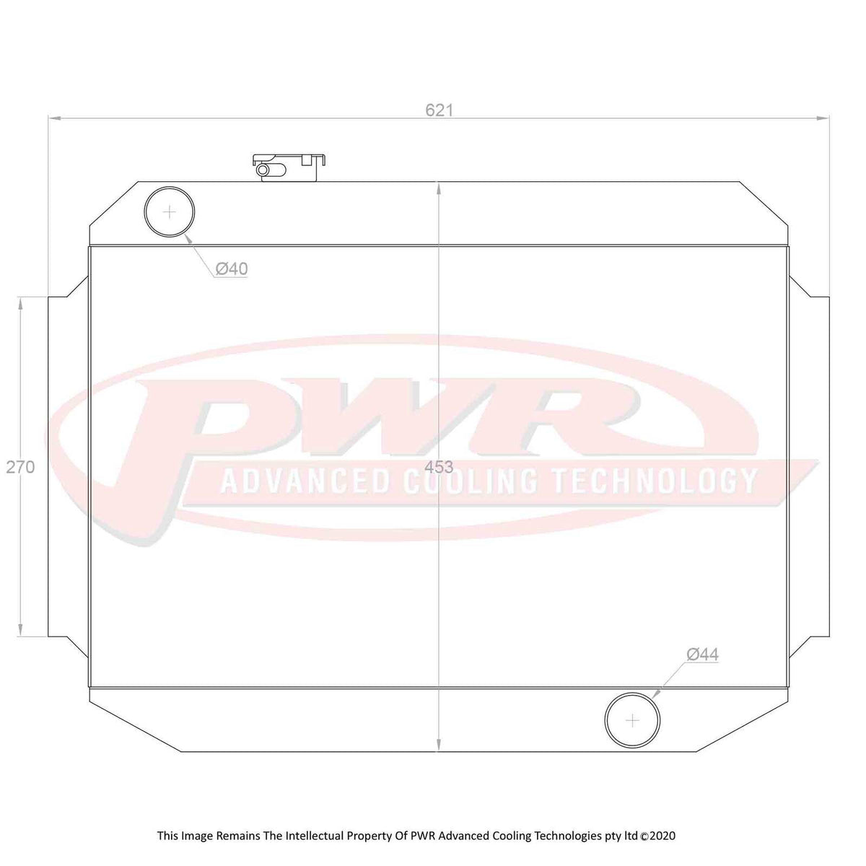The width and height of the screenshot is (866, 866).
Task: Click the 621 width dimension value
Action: [439, 110]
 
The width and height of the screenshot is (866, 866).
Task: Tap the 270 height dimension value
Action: [20, 467]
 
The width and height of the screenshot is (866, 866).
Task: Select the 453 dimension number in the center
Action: [439, 467]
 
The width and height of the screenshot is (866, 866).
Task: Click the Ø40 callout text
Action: [231, 269]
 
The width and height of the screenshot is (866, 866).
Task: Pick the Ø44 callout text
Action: [702, 655]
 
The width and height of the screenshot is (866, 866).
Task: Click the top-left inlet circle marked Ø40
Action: [170, 211]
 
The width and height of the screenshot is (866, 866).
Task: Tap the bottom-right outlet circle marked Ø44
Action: [633, 720]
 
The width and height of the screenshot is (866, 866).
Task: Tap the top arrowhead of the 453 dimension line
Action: [439, 187]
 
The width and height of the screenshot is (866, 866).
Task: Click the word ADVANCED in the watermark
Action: [304, 481]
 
